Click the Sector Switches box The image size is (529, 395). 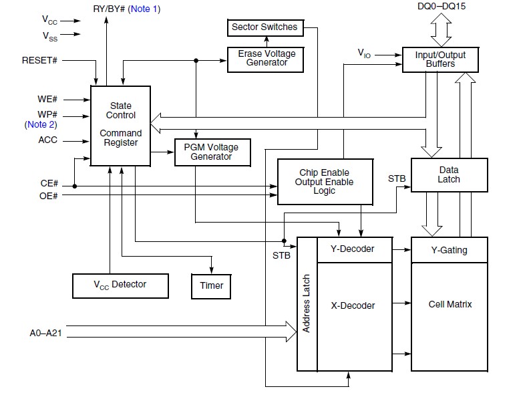(264, 28)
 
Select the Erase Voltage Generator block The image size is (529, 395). (266, 59)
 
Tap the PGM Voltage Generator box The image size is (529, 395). (212, 152)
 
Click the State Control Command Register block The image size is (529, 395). (120, 124)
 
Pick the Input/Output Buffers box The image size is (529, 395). (440, 59)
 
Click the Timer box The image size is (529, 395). (212, 286)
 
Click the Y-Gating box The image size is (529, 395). (449, 250)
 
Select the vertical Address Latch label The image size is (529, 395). (307, 303)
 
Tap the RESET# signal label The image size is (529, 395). (39, 60)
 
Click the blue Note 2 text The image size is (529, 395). (41, 124)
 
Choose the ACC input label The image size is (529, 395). (47, 140)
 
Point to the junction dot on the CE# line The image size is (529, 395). (74, 186)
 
